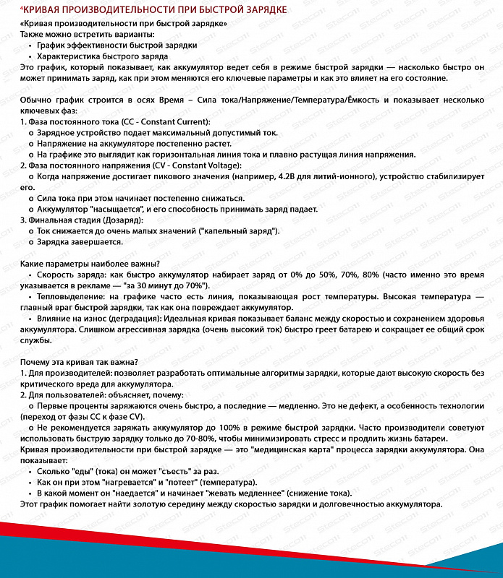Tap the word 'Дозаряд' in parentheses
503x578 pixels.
click(x=124, y=219)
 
